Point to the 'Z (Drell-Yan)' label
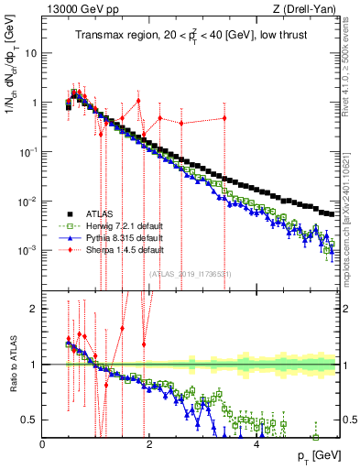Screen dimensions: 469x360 310,10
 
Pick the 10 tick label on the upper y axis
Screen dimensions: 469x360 29,53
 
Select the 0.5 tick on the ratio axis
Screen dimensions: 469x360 29,420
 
